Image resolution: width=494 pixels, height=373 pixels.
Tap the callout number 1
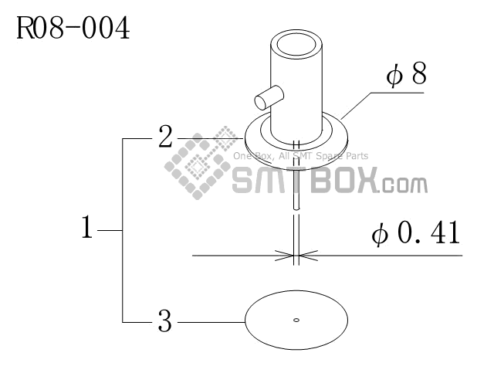[x=89, y=229]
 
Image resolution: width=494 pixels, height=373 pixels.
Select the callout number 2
[x=165, y=138]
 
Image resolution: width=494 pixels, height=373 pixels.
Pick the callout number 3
[x=164, y=320]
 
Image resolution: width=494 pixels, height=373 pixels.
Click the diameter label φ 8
[x=407, y=76]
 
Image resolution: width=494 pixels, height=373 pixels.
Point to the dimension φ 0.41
[x=415, y=232]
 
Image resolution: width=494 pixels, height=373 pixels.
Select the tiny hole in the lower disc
[x=296, y=319]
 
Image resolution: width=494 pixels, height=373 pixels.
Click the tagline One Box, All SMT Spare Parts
[x=301, y=156]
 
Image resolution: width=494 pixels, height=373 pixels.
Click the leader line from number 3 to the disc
[x=208, y=320]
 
